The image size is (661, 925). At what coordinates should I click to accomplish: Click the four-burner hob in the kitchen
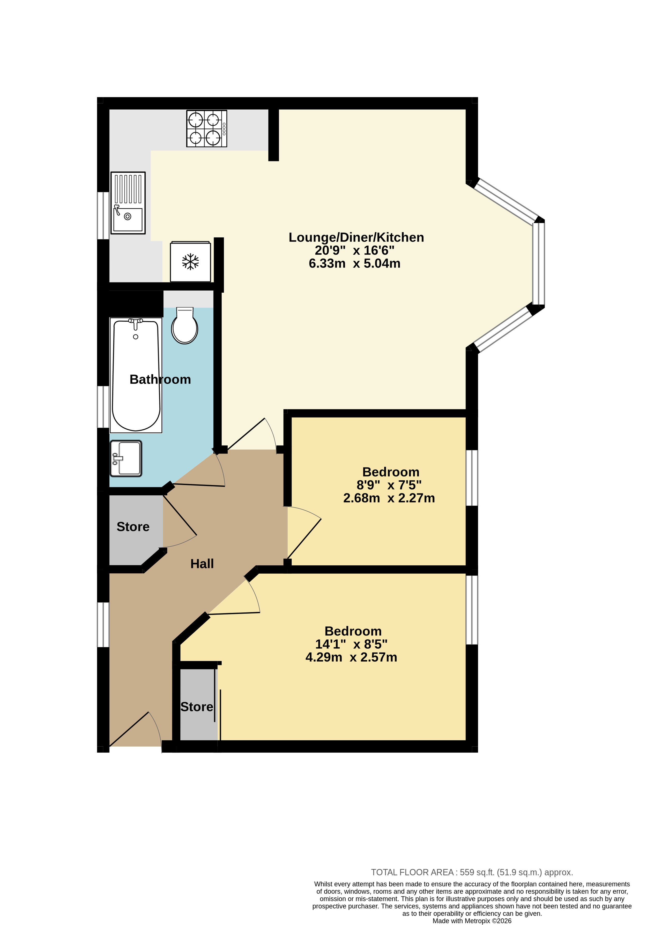tap(207, 128)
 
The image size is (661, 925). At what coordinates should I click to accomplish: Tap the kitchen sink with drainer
tap(128, 203)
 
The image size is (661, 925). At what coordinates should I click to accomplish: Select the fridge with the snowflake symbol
tap(190, 262)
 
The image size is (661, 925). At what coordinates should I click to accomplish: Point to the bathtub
tap(136, 375)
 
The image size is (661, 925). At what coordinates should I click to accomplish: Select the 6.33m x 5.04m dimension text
tap(354, 264)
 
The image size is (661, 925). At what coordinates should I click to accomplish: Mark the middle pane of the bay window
tap(538, 264)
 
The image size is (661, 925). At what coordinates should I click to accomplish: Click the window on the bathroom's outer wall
tap(103, 407)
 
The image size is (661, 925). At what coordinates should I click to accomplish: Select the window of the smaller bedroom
tap(472, 478)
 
